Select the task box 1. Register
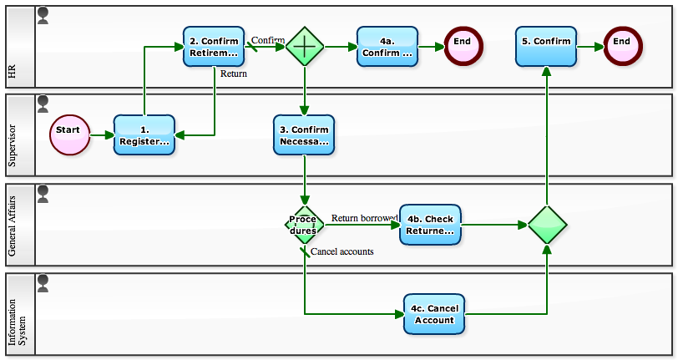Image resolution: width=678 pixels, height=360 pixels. coord(144,135)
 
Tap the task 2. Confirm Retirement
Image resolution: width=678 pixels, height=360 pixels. coord(214,46)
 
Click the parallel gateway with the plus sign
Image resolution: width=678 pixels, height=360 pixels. coord(305,47)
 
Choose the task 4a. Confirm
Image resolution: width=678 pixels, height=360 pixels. coord(387,46)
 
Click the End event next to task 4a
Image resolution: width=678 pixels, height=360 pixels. coord(463,46)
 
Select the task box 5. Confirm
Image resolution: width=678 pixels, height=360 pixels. coord(546,46)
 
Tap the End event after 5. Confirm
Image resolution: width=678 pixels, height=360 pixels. coord(622,46)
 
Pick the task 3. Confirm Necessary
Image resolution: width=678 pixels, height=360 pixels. coord(305,135)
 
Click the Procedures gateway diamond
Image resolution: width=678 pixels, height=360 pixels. coord(304,225)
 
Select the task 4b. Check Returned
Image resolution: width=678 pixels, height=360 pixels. coord(430,225)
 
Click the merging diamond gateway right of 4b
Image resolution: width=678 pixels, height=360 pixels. coord(547,225)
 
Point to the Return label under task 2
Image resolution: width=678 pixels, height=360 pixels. coord(233,74)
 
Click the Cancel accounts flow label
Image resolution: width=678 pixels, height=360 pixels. coord(342,251)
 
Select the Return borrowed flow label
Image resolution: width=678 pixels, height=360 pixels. coord(364,218)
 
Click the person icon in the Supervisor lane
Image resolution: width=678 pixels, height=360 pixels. coord(43,103)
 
